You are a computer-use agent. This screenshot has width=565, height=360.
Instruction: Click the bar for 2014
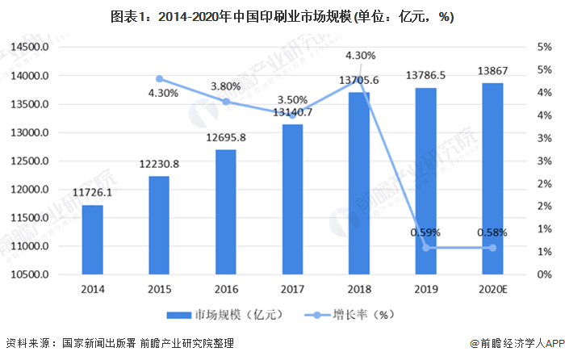click(x=92, y=240)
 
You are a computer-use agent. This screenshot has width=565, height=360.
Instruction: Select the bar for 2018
click(x=359, y=183)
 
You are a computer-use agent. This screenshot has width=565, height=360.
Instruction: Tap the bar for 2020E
click(x=492, y=178)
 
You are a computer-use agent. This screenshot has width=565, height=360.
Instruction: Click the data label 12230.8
click(x=159, y=164)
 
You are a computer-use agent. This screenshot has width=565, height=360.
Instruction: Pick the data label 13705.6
click(x=359, y=81)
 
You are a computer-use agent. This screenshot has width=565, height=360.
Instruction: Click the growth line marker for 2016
click(x=226, y=102)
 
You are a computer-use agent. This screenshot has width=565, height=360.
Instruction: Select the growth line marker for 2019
click(x=426, y=248)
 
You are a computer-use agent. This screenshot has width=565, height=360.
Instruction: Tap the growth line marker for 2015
click(x=159, y=79)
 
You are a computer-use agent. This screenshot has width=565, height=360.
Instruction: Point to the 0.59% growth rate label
click(x=425, y=232)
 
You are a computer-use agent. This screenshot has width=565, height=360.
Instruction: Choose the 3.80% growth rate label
click(x=226, y=86)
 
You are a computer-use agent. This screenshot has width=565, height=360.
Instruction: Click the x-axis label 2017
click(x=292, y=288)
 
